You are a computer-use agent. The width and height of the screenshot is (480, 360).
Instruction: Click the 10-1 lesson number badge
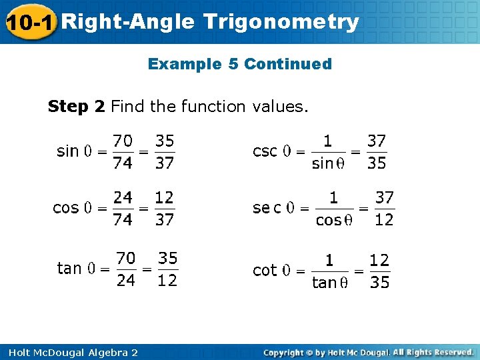tap(29, 22)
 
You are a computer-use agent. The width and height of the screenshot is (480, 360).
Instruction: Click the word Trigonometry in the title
tap(281, 22)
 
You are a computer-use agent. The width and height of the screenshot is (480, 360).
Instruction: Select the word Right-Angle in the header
tap(131, 22)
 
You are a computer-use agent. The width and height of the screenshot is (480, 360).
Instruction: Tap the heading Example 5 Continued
tap(239, 64)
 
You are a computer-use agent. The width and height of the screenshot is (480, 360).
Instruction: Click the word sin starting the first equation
tap(67, 151)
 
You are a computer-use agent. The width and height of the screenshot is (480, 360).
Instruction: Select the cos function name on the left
tap(65, 208)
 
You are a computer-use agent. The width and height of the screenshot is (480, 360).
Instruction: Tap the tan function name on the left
tap(69, 268)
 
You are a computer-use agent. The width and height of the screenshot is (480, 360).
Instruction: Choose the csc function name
tap(265, 151)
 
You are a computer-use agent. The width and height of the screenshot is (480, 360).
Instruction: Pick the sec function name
tap(267, 208)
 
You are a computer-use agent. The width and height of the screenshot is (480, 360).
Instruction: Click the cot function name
tap(265, 270)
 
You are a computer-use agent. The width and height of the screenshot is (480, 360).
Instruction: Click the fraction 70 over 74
tap(123, 151)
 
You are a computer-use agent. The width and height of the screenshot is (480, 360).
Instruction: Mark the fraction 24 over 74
tap(123, 208)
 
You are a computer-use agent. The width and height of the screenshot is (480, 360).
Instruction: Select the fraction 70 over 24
tap(126, 269)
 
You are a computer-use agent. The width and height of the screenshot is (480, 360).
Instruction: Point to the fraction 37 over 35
tap(376, 151)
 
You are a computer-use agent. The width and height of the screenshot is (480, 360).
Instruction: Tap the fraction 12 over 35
tap(379, 271)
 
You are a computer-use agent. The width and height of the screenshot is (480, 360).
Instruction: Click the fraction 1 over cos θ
tap(333, 209)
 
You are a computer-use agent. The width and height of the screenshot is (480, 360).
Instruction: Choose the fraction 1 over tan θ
tap(329, 271)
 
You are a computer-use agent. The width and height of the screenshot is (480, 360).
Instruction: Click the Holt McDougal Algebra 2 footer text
tap(70, 352)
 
